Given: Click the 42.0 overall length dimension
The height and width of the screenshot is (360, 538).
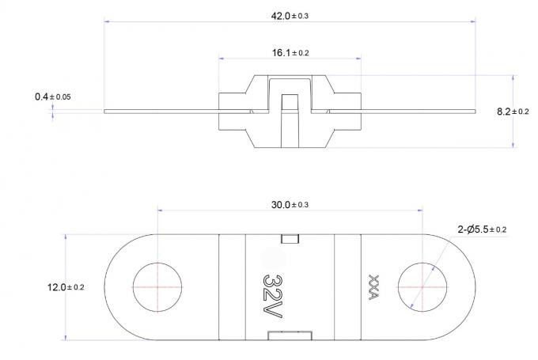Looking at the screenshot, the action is (x=290, y=16).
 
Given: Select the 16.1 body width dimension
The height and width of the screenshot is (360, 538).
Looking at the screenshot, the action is (x=290, y=53).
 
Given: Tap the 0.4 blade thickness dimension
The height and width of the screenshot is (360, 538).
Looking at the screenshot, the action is (x=53, y=97).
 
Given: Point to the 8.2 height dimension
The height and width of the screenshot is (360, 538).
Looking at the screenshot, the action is (x=513, y=112).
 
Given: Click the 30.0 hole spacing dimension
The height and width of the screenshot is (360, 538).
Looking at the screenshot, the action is (x=290, y=205).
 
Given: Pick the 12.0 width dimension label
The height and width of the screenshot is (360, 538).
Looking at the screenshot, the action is (x=66, y=287).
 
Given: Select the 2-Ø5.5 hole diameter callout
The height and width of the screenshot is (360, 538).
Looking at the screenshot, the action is (x=482, y=229).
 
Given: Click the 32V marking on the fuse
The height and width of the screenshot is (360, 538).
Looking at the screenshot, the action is (x=273, y=296).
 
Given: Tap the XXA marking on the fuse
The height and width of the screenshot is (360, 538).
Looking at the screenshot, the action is (x=373, y=287).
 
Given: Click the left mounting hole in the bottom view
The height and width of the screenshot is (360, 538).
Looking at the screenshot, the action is (x=157, y=287).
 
